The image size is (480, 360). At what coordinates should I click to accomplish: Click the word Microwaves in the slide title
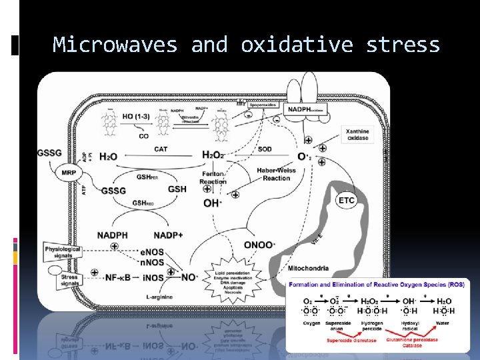point(115,45)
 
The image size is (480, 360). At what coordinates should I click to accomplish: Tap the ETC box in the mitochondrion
point(347,199)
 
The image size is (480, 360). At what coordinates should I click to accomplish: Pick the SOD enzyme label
point(265,149)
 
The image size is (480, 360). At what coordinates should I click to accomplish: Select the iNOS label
point(152,277)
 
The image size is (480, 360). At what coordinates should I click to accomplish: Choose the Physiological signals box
point(63,253)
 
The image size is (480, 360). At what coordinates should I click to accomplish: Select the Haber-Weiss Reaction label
point(276,174)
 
